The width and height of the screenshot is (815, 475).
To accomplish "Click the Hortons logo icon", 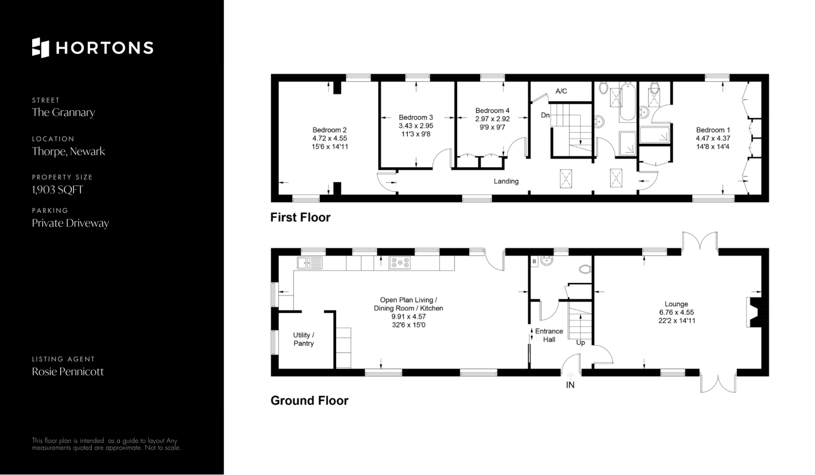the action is pyautogui.click(x=41, y=47).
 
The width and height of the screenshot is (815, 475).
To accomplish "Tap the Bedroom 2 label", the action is pyautogui.click(x=329, y=130).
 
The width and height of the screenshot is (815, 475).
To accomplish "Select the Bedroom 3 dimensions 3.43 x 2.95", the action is pyautogui.click(x=416, y=126).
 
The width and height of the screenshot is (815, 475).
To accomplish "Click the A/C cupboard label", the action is pyautogui.click(x=561, y=91).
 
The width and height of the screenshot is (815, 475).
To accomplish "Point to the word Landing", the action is pyautogui.click(x=506, y=182).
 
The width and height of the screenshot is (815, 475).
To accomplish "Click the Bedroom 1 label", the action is pyautogui.click(x=713, y=130).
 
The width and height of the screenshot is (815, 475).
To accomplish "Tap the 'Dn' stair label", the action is pyautogui.click(x=545, y=115).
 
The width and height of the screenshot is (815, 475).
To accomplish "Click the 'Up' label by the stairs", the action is pyautogui.click(x=580, y=342).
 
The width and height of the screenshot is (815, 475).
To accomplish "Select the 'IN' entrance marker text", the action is pyautogui.click(x=570, y=385).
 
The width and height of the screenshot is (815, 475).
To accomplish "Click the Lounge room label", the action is pyautogui.click(x=676, y=304).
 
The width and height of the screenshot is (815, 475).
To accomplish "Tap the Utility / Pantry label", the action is pyautogui.click(x=304, y=339).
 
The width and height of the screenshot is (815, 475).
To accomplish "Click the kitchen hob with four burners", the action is pyautogui.click(x=400, y=263).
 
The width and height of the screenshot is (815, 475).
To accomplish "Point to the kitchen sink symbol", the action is pyautogui.click(x=309, y=263).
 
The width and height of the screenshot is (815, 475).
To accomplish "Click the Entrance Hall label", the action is pyautogui.click(x=549, y=335).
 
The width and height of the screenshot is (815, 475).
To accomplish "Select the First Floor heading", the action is pyautogui.click(x=300, y=218).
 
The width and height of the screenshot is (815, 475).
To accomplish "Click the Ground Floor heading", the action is pyautogui.click(x=309, y=401).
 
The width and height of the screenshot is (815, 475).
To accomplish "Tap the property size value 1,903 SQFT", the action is pyautogui.click(x=57, y=190).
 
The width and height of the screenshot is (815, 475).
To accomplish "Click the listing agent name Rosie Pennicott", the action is pyautogui.click(x=68, y=372).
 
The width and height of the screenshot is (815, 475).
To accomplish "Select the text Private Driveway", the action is pyautogui.click(x=70, y=224).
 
